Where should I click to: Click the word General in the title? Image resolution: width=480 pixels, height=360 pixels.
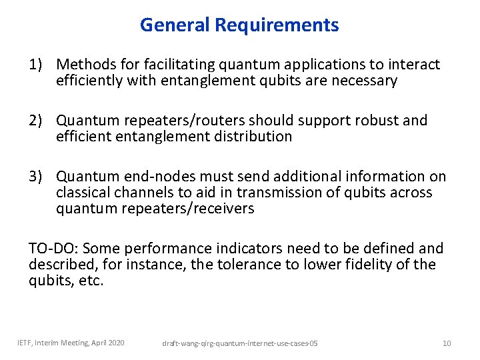tap(175, 25)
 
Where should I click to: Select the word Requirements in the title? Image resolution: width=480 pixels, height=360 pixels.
tap(277, 25)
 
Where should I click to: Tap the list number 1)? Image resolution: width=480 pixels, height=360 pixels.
tap(39, 65)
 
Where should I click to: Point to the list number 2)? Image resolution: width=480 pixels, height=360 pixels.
tap(39, 121)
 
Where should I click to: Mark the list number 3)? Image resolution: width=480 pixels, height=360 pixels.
tap(39, 177)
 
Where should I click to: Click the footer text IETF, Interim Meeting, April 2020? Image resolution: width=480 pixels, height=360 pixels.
tap(71, 343)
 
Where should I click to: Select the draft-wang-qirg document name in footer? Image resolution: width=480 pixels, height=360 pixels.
tap(241, 343)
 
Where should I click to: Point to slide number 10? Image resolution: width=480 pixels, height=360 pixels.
tap(447, 343)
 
